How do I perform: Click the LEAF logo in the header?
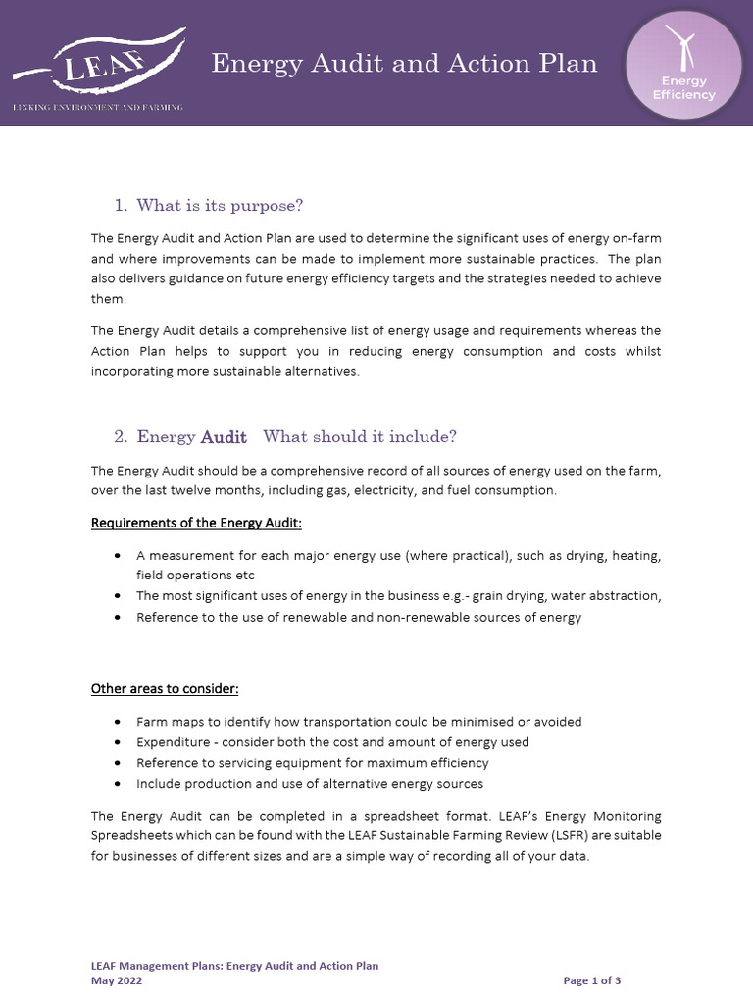click(x=98, y=62)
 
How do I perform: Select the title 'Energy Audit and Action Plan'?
click(x=405, y=64)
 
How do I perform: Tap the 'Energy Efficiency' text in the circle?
click(x=683, y=88)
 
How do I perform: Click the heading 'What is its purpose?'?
click(x=220, y=205)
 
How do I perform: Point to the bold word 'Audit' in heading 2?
click(x=224, y=437)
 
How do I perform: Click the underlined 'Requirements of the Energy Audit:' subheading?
click(x=196, y=522)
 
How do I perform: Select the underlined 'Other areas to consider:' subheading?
click(x=165, y=688)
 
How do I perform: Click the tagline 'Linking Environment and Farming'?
click(x=97, y=106)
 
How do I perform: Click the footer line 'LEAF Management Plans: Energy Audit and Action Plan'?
click(x=234, y=966)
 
